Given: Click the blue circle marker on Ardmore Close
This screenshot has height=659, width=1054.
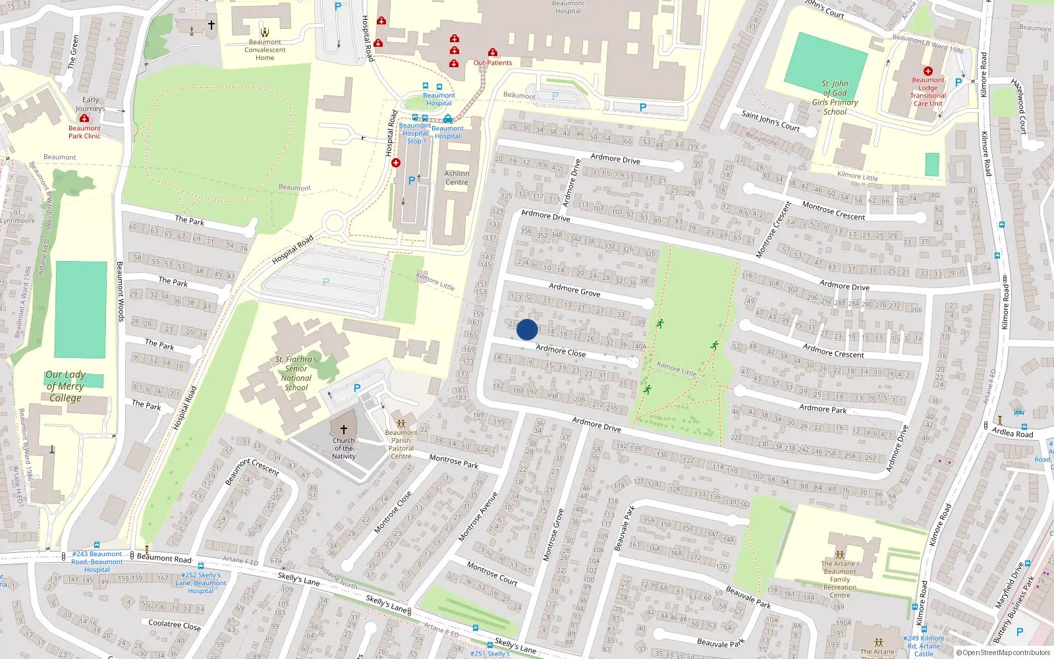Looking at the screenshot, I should point(527,329).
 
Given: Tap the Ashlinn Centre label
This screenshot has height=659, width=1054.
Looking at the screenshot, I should point(457,178).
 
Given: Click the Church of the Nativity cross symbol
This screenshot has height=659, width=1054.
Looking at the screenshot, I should point(343,429).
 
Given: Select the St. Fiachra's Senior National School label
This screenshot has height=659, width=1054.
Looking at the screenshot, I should point(296,374).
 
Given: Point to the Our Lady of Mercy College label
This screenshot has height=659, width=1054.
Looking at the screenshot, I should point(65,386).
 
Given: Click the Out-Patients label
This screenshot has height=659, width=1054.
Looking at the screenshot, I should point(493,63).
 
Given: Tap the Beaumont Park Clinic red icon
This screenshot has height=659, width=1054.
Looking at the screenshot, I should point(84,119).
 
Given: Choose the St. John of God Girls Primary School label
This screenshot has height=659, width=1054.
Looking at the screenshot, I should point(835,98).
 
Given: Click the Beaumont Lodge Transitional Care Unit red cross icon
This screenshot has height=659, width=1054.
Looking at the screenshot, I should point(928,71).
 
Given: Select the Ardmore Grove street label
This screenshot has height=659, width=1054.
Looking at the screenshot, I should point(574,290).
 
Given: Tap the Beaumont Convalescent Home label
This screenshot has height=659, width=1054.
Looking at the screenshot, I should point(265,50).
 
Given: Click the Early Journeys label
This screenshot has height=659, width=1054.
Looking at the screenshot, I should point(90,104).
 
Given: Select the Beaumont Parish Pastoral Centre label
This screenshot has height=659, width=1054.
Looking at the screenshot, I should point(401,444).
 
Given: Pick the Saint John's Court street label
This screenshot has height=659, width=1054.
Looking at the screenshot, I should point(770,121).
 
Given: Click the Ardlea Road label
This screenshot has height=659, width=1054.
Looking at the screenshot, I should point(1012,433).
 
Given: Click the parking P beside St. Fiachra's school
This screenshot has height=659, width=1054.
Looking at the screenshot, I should point(357,388).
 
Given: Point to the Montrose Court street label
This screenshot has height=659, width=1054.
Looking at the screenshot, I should point(491,573).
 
